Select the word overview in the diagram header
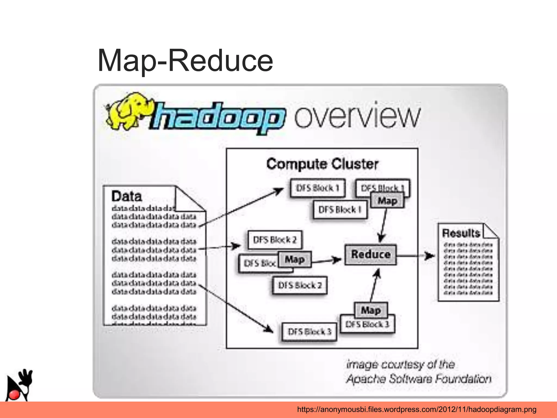[x=357, y=116]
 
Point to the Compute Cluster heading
[x=322, y=164]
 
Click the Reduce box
[x=370, y=255]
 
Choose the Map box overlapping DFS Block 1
[x=387, y=201]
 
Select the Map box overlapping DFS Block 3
[x=371, y=310]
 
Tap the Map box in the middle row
[x=295, y=259]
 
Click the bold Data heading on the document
[x=127, y=196]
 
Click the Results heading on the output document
[x=461, y=233]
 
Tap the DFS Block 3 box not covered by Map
[x=309, y=332]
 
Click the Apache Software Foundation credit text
[x=419, y=379]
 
